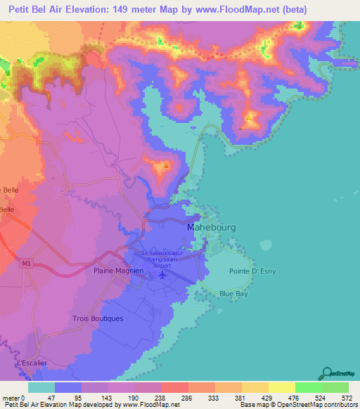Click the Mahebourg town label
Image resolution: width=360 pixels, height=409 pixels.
pos(212,228)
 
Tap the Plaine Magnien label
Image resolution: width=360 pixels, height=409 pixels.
pos(119,270)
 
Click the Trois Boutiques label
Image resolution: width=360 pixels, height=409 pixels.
pos(98,318)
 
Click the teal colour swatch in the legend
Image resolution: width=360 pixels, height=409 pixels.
pos(41,387)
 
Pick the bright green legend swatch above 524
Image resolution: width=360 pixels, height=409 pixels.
pos(308,387)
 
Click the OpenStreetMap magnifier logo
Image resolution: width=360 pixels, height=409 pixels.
pos(327,373)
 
